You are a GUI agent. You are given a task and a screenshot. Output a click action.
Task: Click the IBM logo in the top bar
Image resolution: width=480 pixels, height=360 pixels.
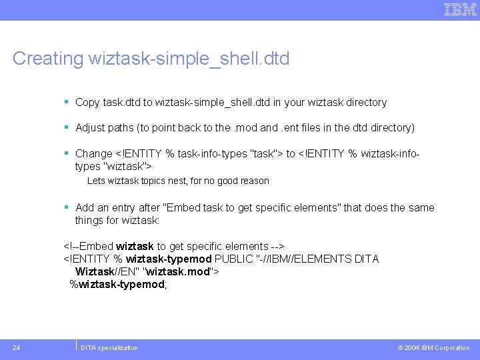[x=460, y=9]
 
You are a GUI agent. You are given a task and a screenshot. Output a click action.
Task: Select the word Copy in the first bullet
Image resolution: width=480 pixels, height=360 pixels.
[x=87, y=103]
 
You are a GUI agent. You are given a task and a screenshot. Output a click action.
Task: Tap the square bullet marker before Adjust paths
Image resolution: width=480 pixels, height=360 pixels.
[x=67, y=127]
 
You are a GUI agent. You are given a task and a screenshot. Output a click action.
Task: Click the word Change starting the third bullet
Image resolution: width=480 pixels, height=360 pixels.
[x=94, y=154]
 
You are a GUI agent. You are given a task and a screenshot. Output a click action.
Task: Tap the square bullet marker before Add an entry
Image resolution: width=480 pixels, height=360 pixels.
[x=67, y=208]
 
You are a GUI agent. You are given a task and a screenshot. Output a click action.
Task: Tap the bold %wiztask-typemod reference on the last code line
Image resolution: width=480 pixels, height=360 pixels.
[x=117, y=285]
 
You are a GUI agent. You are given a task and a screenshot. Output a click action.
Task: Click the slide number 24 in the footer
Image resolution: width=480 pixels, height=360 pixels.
[x=16, y=347]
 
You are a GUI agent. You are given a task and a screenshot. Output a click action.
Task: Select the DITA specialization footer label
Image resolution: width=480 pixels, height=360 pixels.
[x=109, y=348]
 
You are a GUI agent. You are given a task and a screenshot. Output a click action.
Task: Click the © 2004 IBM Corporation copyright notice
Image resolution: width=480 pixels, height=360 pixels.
[x=433, y=348]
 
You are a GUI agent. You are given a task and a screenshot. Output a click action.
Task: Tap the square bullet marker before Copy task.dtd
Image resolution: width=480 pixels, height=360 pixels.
[x=67, y=103]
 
